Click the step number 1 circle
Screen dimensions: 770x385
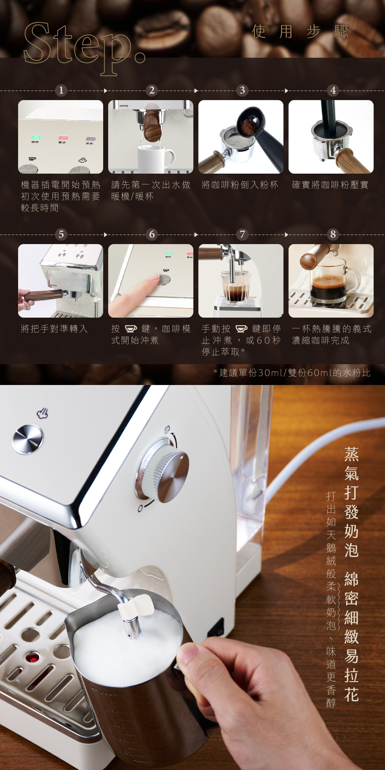click(61, 90)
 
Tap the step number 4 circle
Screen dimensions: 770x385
click(333, 90)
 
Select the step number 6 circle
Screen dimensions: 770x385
click(152, 234)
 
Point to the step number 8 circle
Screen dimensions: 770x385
click(333, 234)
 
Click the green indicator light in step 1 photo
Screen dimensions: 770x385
click(36, 137)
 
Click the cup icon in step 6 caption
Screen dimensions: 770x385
click(131, 328)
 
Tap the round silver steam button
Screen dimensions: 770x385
click(28, 439)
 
